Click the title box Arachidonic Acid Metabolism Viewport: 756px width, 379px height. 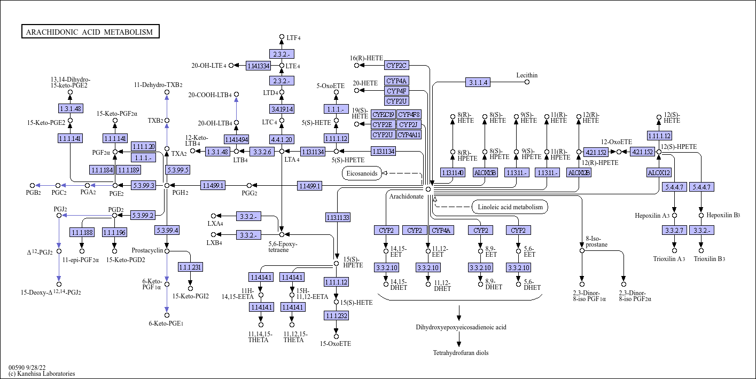coord(90,31)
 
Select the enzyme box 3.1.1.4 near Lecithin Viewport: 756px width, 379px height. coord(478,82)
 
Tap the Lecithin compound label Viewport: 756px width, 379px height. coord(527,75)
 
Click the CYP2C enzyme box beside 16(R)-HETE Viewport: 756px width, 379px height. coord(396,65)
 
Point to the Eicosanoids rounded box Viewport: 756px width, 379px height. coord(362,173)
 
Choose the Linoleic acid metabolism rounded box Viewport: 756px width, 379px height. coord(510,207)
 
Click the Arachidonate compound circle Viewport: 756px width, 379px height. coord(428,189)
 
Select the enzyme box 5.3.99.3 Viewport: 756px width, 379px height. coord(143,185)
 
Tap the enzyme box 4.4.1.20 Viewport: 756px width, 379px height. coord(282,139)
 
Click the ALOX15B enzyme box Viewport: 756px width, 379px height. coord(485,172)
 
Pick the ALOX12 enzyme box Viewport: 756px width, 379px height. coord(659,172)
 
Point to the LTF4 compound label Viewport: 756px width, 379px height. coord(293,38)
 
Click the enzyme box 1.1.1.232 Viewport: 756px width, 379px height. coord(336,315)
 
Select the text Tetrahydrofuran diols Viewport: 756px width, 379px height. coord(461,353)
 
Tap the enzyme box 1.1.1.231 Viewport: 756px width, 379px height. coord(190,267)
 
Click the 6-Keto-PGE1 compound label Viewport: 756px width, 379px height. coord(166,323)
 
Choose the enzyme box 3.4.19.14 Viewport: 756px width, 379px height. coord(282,109)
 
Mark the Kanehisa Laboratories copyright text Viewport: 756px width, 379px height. coord(42,374)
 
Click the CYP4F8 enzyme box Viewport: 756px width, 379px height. coord(409,114)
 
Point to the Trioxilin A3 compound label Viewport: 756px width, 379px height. coord(669,259)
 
